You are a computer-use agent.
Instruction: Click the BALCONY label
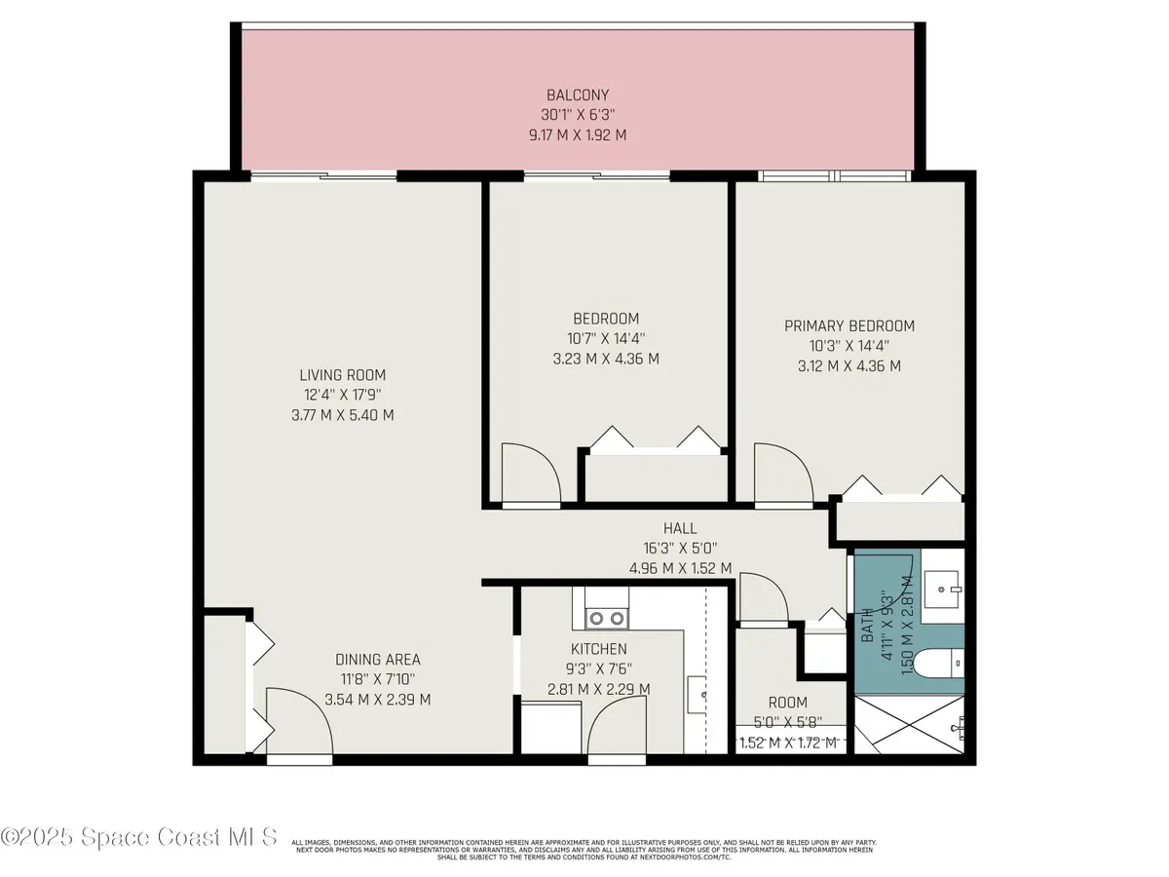577,95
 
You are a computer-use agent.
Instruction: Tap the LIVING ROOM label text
342,375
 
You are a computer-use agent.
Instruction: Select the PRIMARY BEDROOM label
849,326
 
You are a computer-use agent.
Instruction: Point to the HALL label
679,528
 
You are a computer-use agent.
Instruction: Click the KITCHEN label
598,649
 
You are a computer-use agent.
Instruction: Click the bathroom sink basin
943,587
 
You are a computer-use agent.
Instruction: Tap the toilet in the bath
943,665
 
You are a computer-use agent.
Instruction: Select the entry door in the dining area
298,721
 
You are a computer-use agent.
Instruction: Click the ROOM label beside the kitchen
787,703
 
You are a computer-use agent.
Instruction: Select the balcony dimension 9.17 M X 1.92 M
577,134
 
